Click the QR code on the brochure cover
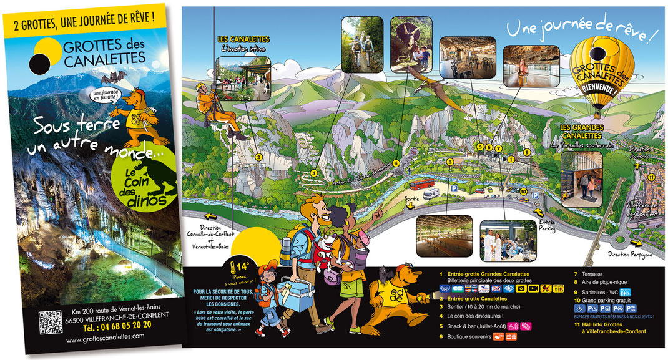(x=50, y=321)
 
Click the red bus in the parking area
(x=422, y=183)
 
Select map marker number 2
(x=257, y=157)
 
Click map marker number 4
(x=396, y=163)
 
